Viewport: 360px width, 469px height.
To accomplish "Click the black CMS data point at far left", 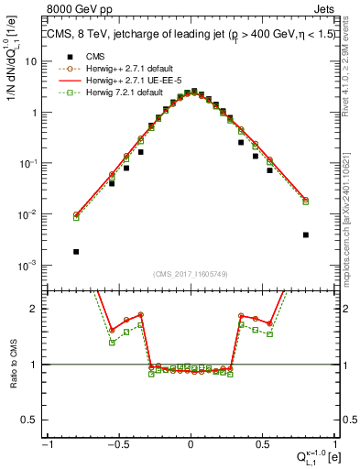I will coord(76,251).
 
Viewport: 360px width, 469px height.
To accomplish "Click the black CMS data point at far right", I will coord(305,234).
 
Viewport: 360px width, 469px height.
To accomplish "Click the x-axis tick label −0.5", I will coord(117,444).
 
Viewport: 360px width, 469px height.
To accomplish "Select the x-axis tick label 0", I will coord(191,444).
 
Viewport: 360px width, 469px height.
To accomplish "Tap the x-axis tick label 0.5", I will coord(261,444).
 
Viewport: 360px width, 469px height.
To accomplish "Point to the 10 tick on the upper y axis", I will coord(35,61).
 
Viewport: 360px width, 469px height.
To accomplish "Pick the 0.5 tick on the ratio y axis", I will coord(34,420).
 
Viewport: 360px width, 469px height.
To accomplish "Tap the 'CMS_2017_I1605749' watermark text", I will coord(191,275).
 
